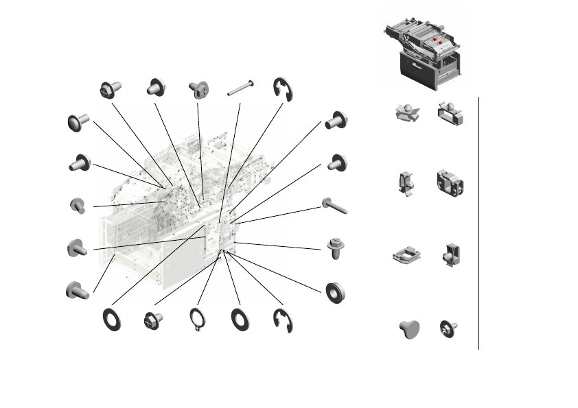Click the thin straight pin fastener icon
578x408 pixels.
(x=241, y=86)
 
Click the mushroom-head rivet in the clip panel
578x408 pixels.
(x=408, y=328)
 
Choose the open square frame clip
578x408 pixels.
(x=406, y=255)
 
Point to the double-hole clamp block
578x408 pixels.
(x=450, y=183)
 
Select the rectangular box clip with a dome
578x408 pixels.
(x=450, y=113)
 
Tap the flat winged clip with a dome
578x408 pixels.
(x=408, y=113)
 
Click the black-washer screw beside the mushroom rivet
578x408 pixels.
(x=449, y=328)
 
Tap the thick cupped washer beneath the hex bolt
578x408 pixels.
(x=336, y=291)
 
